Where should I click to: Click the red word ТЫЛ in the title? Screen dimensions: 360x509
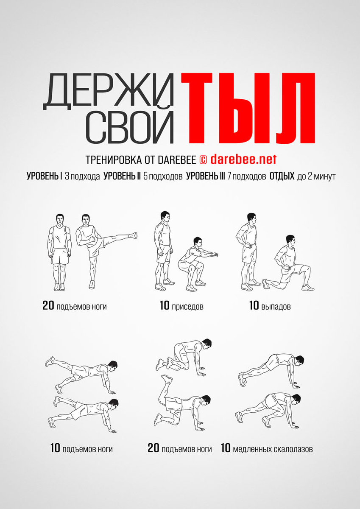[x=248, y=108]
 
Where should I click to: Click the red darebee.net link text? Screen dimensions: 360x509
[x=243, y=159]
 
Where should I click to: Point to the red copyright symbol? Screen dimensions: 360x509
[x=203, y=160]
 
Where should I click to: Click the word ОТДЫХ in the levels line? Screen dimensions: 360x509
[x=282, y=176]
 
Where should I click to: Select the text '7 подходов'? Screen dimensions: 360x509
[x=247, y=176]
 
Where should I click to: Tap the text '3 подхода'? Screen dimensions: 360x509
[x=82, y=176]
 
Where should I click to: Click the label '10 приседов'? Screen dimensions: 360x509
[x=181, y=306]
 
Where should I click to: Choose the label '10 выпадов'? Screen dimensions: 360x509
[x=270, y=306]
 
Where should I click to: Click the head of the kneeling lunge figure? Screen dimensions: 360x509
[x=290, y=240]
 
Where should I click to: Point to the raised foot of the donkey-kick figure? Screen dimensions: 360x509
[x=167, y=378]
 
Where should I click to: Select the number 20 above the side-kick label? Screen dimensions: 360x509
[x=48, y=306]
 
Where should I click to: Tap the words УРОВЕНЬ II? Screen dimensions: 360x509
[x=122, y=176]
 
